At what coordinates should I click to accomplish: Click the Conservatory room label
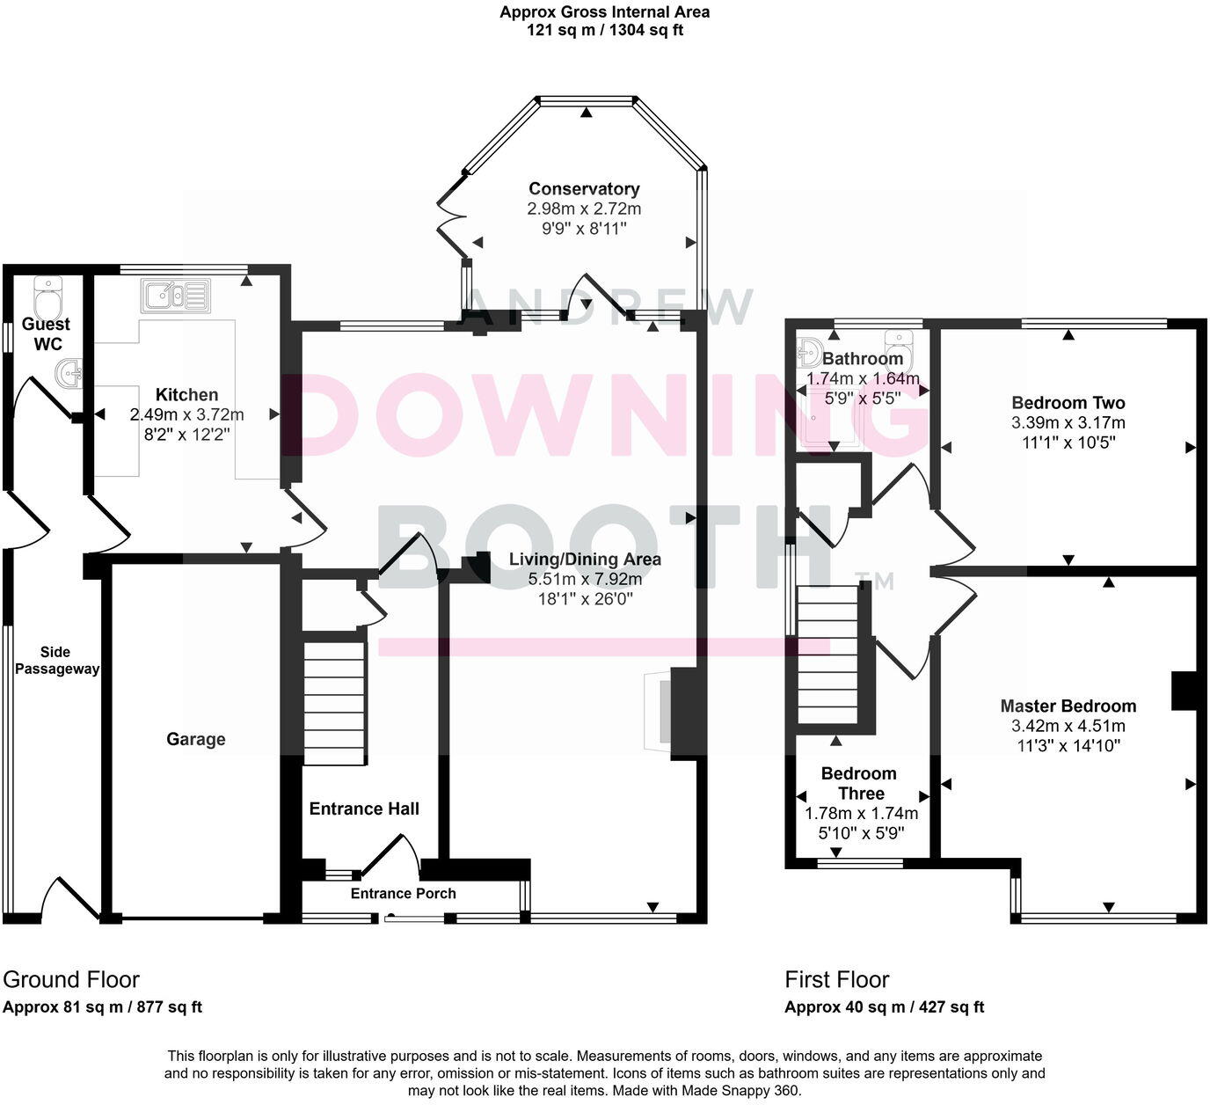click(x=584, y=189)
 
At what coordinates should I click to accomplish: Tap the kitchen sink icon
click(x=175, y=296)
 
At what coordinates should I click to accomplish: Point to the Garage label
click(x=196, y=740)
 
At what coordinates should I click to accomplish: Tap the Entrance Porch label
click(x=404, y=894)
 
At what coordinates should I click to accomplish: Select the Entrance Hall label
click(x=364, y=809)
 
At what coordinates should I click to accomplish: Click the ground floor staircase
click(x=334, y=703)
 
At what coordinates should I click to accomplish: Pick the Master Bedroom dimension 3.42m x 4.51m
click(x=1068, y=727)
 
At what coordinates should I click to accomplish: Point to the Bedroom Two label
click(x=1068, y=404)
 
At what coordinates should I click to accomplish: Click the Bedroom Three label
click(x=859, y=783)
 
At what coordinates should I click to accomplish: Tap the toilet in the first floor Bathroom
click(x=900, y=348)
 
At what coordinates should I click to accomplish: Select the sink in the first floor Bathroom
click(x=810, y=352)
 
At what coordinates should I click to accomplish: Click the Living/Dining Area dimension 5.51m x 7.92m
click(x=585, y=580)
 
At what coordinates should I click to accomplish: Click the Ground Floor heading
click(x=71, y=980)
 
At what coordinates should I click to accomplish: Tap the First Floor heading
click(x=837, y=980)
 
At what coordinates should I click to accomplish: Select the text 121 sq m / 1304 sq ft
click(x=605, y=30)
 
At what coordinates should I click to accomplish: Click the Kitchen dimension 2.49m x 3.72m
click(x=186, y=415)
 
